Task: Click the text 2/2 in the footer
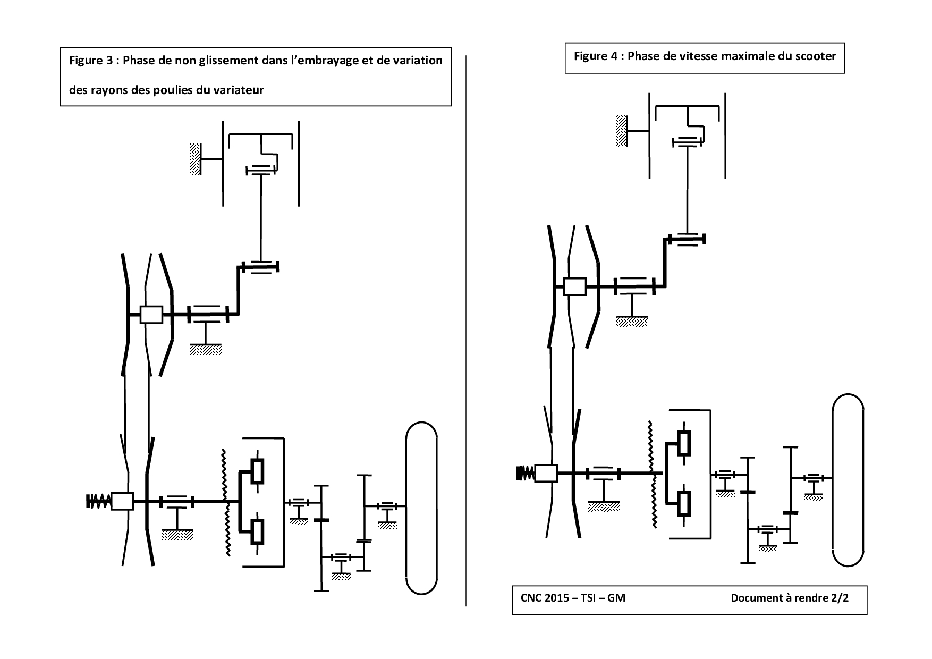click(x=839, y=598)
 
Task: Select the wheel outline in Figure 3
click(x=421, y=508)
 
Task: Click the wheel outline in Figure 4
click(x=848, y=480)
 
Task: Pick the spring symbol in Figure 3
click(x=99, y=501)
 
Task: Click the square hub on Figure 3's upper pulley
click(x=151, y=314)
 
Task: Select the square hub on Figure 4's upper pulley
click(x=574, y=286)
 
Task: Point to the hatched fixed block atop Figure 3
click(x=196, y=158)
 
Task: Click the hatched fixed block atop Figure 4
click(x=622, y=131)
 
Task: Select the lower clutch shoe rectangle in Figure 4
click(x=684, y=503)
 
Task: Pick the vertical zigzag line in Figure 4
click(x=651, y=474)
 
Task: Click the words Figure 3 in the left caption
click(x=91, y=61)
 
